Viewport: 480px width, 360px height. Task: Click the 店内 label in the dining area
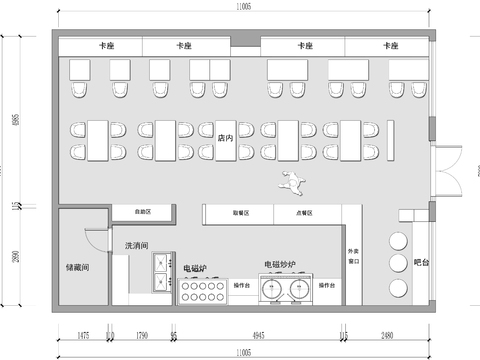coord(226,137)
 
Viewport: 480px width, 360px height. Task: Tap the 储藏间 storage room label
coord(78,267)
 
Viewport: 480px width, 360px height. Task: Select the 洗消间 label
coord(137,245)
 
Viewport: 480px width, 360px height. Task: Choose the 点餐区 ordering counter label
coord(304,213)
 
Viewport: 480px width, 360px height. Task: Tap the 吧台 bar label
coord(421,263)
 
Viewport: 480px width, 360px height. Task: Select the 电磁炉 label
coord(195,268)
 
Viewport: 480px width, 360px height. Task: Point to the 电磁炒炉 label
coord(280,265)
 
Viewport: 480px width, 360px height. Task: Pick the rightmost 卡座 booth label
coord(388,46)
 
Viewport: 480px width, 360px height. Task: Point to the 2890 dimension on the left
coord(14,258)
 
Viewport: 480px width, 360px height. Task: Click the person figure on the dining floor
coord(290,181)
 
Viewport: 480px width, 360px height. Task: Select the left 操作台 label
coord(241,286)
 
